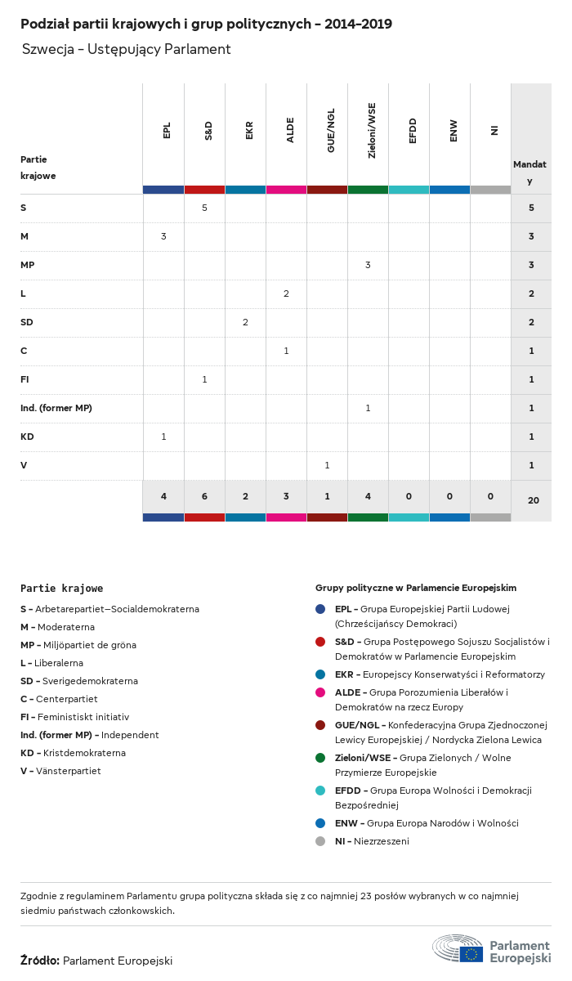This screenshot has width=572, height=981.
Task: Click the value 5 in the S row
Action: click(x=204, y=208)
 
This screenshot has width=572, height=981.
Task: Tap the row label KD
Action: click(x=27, y=437)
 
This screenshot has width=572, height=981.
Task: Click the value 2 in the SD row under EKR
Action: click(x=245, y=322)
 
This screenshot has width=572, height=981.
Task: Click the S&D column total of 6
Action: click(x=204, y=497)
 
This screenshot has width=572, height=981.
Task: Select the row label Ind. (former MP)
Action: click(x=56, y=408)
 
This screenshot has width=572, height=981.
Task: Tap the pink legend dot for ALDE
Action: click(x=320, y=692)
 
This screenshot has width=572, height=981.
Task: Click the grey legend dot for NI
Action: click(x=320, y=841)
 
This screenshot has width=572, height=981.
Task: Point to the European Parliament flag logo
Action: click(x=471, y=953)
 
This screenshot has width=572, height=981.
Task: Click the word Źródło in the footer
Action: click(x=39, y=961)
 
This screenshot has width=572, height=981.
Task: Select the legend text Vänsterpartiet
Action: click(x=68, y=771)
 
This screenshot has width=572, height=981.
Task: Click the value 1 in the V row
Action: click(x=327, y=465)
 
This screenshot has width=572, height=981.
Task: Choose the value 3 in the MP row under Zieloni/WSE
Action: click(x=368, y=265)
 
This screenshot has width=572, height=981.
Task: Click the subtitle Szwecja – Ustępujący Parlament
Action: click(x=127, y=49)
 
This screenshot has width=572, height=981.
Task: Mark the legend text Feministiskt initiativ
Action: click(x=82, y=717)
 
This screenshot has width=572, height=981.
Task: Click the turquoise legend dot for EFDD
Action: click(x=320, y=791)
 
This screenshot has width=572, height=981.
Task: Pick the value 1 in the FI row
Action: click(x=204, y=379)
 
